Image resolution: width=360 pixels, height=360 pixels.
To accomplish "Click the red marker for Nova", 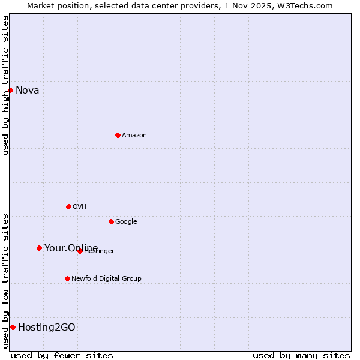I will [10, 90].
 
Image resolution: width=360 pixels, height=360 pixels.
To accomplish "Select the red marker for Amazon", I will [118, 135].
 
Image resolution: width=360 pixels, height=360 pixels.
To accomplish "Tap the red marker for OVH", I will [68, 206].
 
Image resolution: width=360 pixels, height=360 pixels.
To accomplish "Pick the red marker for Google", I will [111, 221].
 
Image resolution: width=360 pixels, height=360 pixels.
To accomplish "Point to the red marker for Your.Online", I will [39, 248].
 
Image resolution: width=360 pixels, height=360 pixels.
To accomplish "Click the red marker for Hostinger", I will [80, 251].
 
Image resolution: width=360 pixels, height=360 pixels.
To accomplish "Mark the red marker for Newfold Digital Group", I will [67, 278].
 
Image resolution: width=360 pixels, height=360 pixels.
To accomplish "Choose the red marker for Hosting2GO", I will [13, 327].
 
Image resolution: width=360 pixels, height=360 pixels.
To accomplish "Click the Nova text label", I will [28, 91].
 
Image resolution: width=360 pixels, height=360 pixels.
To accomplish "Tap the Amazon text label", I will [134, 135].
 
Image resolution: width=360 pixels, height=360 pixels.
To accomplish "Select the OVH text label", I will [80, 206].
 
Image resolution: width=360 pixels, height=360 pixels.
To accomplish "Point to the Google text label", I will [126, 221].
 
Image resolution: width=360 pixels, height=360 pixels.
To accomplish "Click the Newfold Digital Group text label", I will [106, 278].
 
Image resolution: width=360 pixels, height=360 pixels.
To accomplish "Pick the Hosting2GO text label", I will [47, 327].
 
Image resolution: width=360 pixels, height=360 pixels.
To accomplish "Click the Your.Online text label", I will [71, 248].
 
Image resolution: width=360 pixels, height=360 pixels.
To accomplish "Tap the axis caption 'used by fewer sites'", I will [62, 355].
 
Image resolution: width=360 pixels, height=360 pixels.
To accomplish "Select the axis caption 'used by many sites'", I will [301, 355].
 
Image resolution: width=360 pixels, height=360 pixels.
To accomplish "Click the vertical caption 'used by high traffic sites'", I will [5, 85].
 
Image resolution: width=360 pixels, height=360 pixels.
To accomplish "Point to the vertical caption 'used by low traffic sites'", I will [5, 280].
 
